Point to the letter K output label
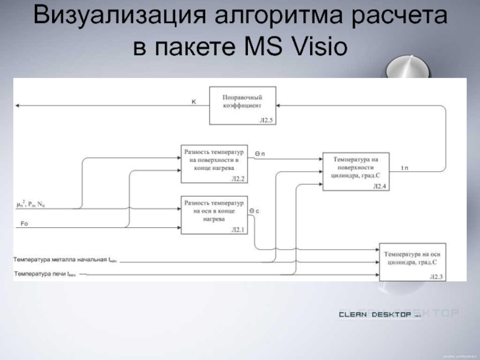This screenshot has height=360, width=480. pyautogui.click(x=193, y=101)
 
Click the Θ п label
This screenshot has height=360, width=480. pyautogui.click(x=260, y=154)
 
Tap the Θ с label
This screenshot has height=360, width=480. pyautogui.click(x=254, y=211)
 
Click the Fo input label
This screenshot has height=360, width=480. pyautogui.click(x=24, y=224)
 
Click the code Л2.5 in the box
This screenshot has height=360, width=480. pyautogui.click(x=266, y=121)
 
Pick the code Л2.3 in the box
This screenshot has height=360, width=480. pyautogui.click(x=436, y=277)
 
